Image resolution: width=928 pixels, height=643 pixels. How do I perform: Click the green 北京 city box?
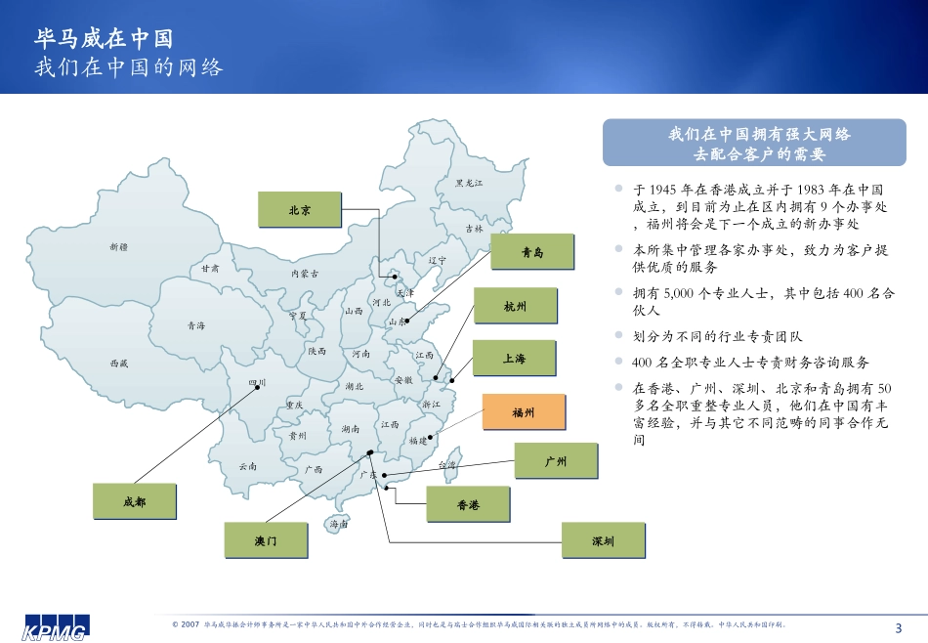[299, 209]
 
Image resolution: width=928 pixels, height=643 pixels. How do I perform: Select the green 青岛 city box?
[531, 252]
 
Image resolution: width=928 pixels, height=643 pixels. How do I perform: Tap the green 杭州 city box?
[515, 306]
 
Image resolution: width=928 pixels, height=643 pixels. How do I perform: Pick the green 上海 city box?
[515, 359]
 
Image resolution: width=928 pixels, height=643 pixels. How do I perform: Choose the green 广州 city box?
[555, 461]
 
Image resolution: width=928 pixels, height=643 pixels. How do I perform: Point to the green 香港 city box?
[468, 504]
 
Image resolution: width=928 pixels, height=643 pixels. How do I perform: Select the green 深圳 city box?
[602, 539]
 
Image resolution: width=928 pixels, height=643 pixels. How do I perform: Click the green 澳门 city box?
[266, 539]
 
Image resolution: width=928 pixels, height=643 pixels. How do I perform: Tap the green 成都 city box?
[135, 500]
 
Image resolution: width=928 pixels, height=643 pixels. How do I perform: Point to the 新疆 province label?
[119, 246]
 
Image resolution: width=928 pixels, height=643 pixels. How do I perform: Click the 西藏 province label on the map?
[119, 363]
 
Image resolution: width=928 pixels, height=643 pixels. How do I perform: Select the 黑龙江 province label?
[469, 183]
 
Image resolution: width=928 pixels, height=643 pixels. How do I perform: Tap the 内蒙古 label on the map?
[305, 274]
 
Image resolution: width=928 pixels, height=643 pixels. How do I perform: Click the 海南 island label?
[338, 524]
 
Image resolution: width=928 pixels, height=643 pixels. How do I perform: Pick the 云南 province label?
[247, 466]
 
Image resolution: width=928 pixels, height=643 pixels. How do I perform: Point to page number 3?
[899, 627]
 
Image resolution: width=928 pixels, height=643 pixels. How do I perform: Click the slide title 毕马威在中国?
[104, 38]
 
